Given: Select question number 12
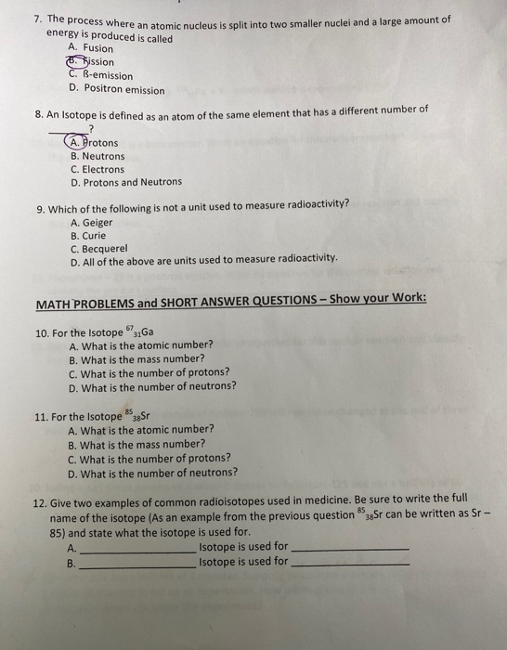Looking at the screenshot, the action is [40, 502].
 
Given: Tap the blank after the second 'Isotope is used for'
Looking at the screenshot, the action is [351, 563].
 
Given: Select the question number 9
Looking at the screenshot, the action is [40, 206].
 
